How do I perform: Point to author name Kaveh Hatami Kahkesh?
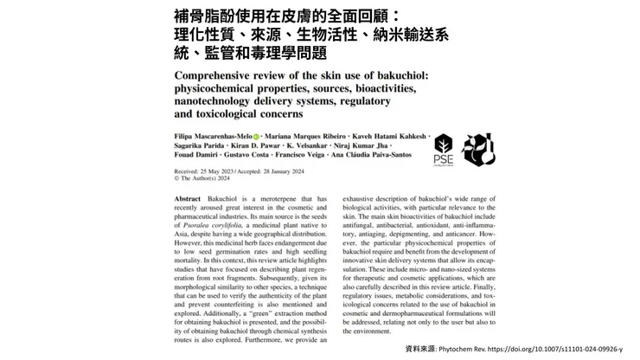375,136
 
